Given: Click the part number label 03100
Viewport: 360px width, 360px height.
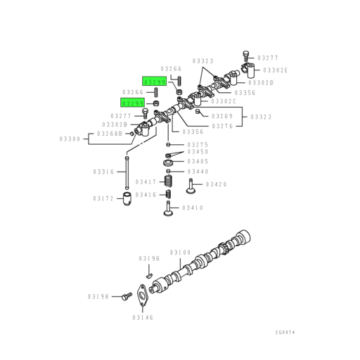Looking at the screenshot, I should click(181, 252).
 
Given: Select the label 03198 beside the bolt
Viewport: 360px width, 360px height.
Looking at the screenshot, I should click(98, 297).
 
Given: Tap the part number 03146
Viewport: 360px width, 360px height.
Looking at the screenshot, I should click(143, 317).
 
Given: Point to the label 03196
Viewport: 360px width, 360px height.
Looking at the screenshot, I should click(149, 258).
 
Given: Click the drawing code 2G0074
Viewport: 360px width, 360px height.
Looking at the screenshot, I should click(285, 333).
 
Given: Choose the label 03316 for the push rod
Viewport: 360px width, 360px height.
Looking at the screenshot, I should click(103, 172).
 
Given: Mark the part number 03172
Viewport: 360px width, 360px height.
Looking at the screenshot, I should click(103, 199).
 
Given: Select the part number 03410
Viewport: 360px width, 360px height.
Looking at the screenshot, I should click(192, 207).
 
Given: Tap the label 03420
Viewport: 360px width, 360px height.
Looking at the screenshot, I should click(216, 184).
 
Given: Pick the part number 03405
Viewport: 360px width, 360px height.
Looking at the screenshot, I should click(198, 162).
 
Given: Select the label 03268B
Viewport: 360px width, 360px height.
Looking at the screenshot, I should click(110, 133).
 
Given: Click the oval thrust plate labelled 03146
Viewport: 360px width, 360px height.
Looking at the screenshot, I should click(143, 295).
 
